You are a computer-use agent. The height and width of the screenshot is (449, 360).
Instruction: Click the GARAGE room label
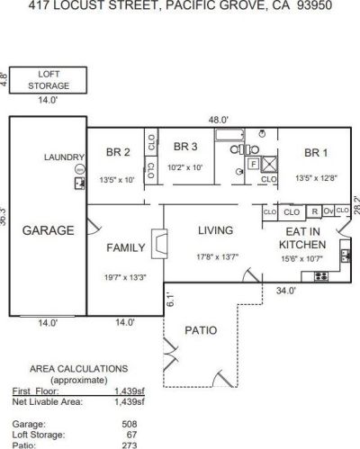click(48, 229)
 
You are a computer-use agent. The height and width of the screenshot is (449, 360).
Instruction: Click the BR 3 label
click(184, 146)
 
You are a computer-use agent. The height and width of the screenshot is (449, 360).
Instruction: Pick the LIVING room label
click(215, 230)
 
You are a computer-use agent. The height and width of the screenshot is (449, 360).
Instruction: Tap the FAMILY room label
click(125, 247)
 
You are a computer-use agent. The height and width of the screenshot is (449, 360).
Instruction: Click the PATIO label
click(200, 330)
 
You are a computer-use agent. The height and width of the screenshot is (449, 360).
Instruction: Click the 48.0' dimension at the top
click(219, 119)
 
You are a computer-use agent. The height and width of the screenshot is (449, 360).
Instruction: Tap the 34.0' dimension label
click(287, 291)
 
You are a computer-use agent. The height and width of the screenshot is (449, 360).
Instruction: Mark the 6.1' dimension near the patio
click(168, 301)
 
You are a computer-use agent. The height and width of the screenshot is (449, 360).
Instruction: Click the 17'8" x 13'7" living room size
click(215, 257)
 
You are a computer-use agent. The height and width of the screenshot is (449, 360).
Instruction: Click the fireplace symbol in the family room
click(158, 243)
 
